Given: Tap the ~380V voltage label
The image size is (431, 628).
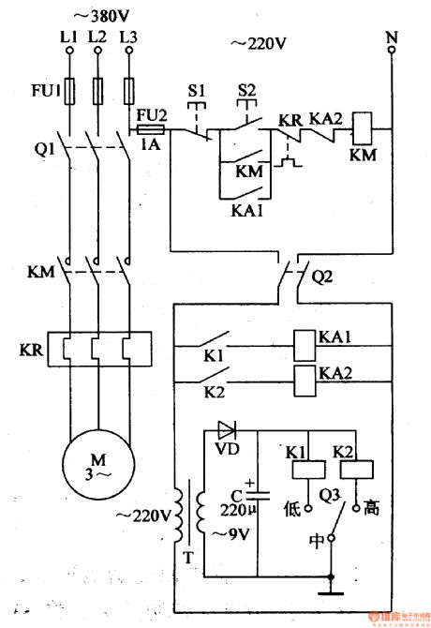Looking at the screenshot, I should coord(98,15).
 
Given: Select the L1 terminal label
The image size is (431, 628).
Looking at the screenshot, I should coord(68,37).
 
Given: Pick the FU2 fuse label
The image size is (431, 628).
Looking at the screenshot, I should coord(151,114).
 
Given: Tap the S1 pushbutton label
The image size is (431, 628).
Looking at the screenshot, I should coord(197,91).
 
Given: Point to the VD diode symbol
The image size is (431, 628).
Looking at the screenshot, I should coord(227,430).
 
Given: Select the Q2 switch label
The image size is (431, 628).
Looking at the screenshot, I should coord(322,278).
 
